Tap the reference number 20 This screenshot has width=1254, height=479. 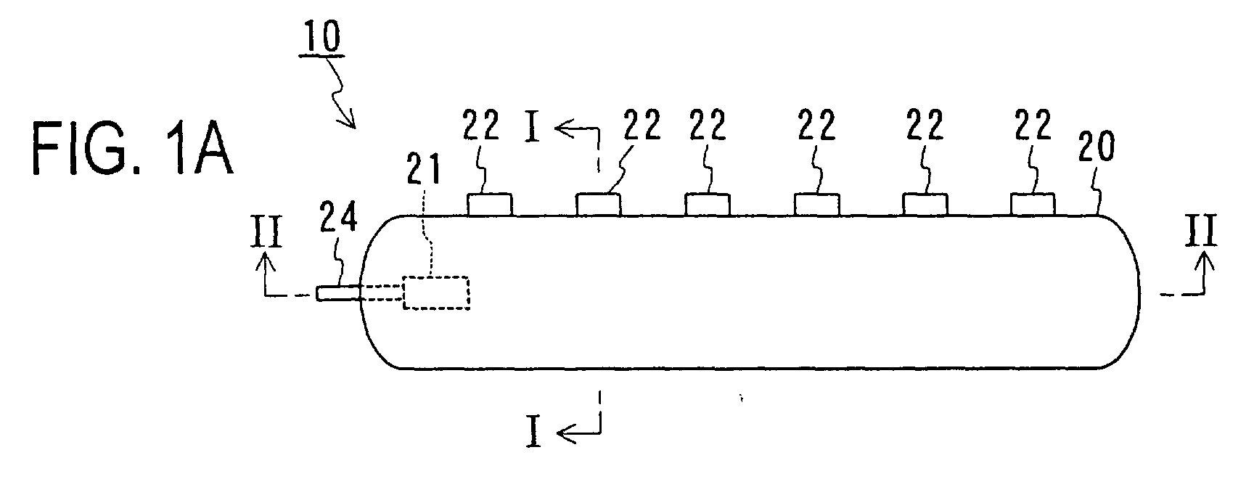point(1089,150)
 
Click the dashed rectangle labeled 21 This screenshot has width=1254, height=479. point(436,293)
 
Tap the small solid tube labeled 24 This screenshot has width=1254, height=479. point(337,293)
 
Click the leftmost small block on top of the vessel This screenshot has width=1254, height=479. point(490,205)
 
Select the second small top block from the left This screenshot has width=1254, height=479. point(598,205)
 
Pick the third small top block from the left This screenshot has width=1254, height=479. point(708,205)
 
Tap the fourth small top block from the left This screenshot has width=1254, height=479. point(816,205)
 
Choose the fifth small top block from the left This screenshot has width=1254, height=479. point(925,205)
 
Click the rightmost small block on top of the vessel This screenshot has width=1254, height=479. point(1033,205)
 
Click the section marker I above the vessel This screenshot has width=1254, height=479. point(533,132)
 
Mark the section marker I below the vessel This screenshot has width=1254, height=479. point(534,434)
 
